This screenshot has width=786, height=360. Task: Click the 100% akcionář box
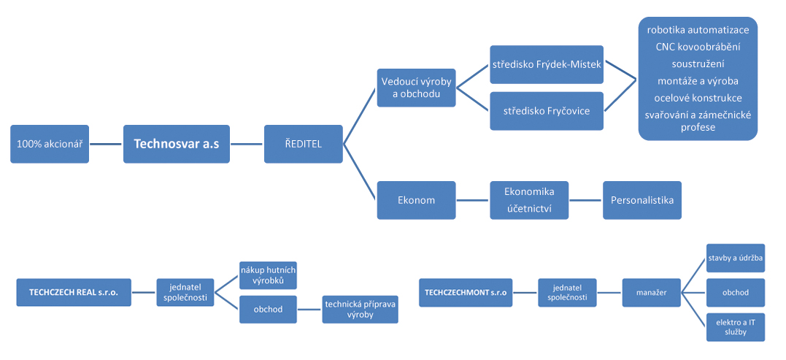(50, 144)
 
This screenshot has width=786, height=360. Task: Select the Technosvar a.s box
(176, 144)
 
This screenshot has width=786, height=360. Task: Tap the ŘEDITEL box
(303, 144)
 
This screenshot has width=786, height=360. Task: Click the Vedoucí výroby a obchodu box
(416, 87)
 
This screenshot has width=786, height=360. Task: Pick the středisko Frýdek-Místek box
(547, 64)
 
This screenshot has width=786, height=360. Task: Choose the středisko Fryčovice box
(547, 111)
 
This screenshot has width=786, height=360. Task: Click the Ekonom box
(416, 200)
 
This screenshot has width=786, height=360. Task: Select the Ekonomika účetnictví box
(529, 200)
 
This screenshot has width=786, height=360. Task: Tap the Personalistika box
(641, 200)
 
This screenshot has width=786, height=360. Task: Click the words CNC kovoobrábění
(698, 47)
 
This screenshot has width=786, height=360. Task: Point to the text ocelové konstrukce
(698, 98)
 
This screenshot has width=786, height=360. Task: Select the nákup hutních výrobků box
(268, 275)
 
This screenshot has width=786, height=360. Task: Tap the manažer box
(650, 294)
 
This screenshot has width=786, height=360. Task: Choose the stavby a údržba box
(736, 258)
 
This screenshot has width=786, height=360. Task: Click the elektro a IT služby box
(736, 326)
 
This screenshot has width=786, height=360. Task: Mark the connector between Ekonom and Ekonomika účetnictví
(473, 200)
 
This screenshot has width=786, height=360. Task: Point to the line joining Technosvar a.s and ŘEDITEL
(247, 144)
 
